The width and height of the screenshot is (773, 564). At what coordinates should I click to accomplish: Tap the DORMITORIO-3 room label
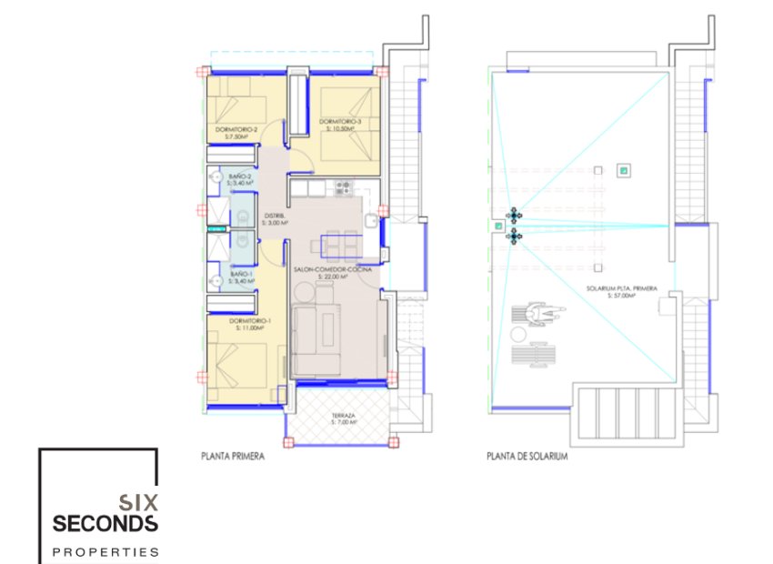point(341,122)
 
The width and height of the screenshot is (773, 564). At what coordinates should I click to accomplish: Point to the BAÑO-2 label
point(240,166)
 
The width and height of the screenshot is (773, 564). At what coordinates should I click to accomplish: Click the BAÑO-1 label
point(240,274)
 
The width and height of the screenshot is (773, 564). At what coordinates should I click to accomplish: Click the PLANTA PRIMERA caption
point(233,458)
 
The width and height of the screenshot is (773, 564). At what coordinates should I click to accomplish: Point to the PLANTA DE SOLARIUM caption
point(527,458)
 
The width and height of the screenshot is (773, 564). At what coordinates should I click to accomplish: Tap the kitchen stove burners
point(345,187)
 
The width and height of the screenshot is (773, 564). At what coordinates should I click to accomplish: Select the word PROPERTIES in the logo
point(105,551)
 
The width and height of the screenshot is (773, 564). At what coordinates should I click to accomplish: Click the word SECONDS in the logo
point(105,524)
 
